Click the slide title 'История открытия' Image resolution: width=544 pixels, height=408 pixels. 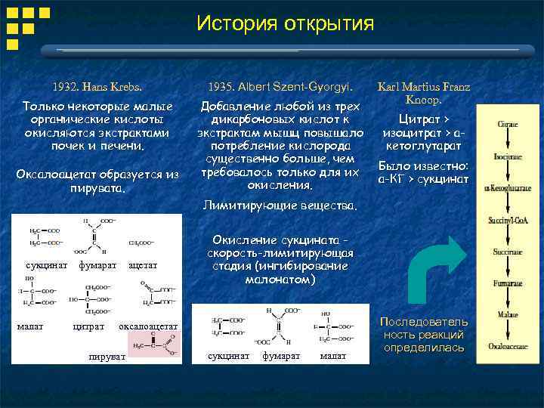click(285, 23)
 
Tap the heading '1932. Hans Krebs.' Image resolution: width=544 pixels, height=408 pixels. click(97, 87)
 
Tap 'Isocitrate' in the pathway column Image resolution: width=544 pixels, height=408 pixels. click(506, 158)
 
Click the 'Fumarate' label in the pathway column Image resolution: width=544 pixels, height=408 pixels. click(506, 283)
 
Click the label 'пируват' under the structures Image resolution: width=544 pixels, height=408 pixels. click(106, 356)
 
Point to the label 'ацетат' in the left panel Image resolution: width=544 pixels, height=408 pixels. click(143, 266)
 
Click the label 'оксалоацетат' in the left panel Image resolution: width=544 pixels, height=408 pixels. click(148, 326)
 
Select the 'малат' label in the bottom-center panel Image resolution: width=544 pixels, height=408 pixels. click(333, 355)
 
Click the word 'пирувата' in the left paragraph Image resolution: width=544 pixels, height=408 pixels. click(97, 187)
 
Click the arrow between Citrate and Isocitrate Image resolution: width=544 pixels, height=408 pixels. click(506, 141)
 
